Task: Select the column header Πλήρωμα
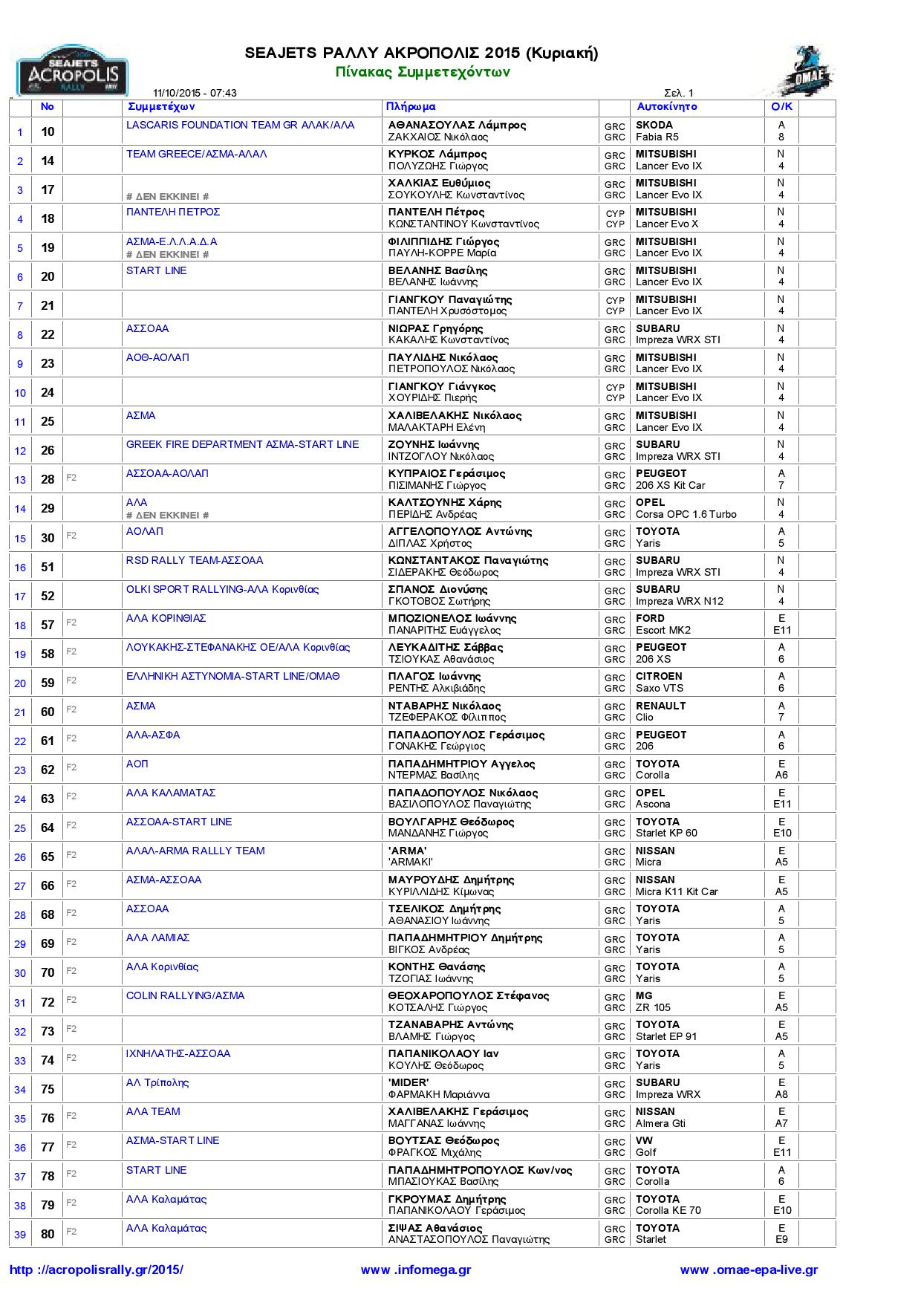411,107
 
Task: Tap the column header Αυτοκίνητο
667,107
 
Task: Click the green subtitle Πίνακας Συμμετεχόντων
422,72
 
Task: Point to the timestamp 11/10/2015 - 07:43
195,93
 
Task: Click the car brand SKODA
654,126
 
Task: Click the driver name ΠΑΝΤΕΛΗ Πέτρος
436,212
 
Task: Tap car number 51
48,567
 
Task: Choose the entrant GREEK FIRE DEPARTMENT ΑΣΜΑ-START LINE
242,444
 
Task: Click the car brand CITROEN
659,677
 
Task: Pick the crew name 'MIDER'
409,1082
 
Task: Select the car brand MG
644,995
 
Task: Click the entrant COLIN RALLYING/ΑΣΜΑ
185,995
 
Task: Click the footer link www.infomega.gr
416,1270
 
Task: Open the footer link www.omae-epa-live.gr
749,1270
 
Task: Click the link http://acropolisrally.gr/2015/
96,1270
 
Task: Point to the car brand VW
644,1140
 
